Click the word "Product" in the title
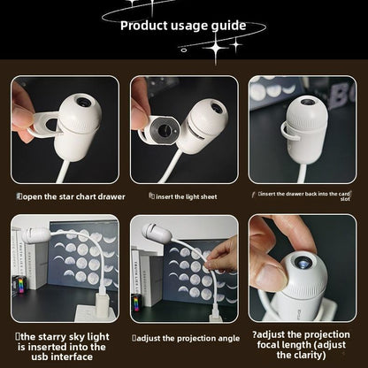click(x=144, y=26)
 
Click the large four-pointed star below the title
click(x=216, y=48)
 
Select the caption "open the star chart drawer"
click(x=72, y=196)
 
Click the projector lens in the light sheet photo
click(x=218, y=107)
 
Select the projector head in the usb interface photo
click(x=35, y=234)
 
